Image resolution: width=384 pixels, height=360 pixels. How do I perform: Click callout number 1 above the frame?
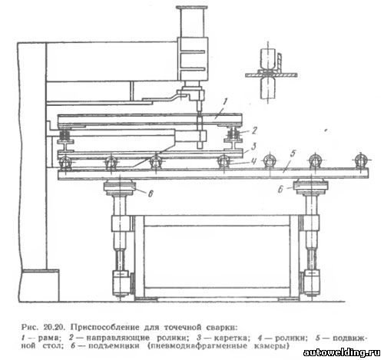tap(224, 101)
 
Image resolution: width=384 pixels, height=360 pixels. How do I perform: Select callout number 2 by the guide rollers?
tap(253, 130)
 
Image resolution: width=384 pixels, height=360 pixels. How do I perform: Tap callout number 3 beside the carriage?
tap(253, 147)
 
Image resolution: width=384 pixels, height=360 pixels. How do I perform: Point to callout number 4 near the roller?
tap(253, 161)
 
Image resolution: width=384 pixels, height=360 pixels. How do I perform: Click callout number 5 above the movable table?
tap(293, 154)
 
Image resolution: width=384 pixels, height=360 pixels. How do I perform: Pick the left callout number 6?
tap(151, 193)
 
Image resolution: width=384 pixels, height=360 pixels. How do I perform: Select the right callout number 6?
tap(280, 190)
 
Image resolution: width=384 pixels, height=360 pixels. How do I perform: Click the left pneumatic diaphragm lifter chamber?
tap(119, 188)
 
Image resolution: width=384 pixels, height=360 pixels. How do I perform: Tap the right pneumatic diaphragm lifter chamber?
tap(311, 188)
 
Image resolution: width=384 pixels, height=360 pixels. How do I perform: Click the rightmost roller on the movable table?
tap(360, 161)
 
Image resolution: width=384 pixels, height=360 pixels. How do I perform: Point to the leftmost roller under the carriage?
tap(65, 163)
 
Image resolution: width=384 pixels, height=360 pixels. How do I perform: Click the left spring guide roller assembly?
tap(66, 136)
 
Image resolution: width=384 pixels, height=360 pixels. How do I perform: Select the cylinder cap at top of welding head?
tap(192, 8)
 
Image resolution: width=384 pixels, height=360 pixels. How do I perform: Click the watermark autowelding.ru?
tap(342, 352)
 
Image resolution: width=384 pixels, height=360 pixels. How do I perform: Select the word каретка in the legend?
tap(231, 338)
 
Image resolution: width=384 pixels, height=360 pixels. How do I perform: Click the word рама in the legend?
tap(48, 339)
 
